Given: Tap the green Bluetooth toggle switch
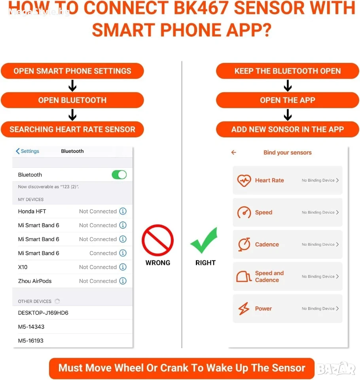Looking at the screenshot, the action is (119, 175).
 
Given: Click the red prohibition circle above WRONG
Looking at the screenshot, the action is (158, 240).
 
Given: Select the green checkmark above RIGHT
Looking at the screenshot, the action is (204, 240).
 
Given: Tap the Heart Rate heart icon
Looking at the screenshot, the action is (244, 180).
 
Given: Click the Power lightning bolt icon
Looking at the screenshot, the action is (244, 308).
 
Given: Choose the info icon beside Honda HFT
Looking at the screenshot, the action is (123, 211).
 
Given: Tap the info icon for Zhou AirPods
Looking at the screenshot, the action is (123, 281).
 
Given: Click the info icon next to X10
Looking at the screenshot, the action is (123, 267).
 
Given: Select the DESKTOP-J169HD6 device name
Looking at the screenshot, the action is (43, 313).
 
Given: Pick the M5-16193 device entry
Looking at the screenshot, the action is (31, 340).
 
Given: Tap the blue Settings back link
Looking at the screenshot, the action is (27, 151).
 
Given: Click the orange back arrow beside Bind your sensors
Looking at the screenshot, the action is (233, 152).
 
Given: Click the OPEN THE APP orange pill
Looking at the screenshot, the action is (287, 100).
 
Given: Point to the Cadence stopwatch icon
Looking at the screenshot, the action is (244, 244).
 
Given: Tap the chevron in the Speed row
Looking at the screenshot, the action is (337, 212).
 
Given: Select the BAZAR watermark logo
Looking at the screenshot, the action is (336, 369).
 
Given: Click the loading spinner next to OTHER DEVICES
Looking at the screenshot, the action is (57, 301).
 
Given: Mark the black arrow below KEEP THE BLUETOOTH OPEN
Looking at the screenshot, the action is (288, 85).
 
